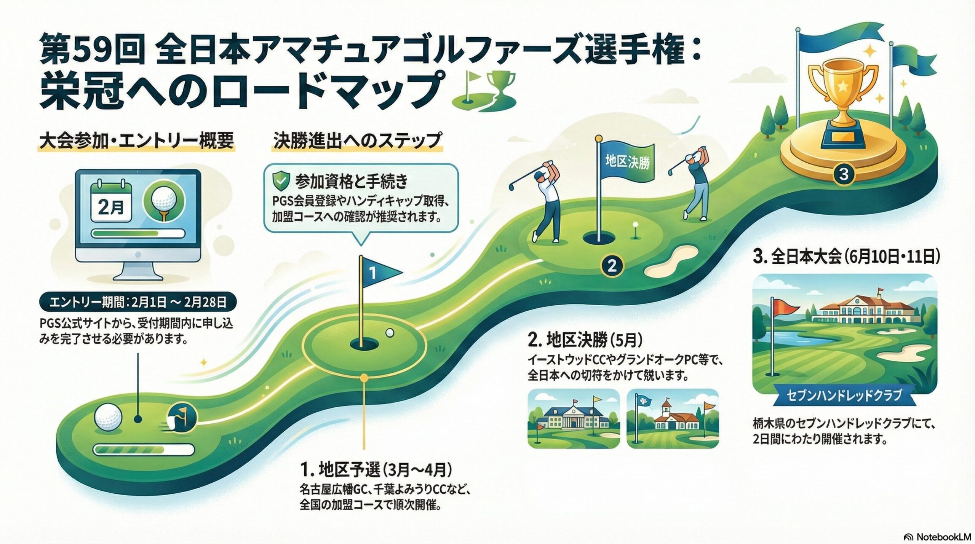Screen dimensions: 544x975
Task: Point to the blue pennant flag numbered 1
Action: (x=379, y=272)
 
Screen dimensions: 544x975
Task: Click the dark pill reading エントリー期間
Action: (x=138, y=303)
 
